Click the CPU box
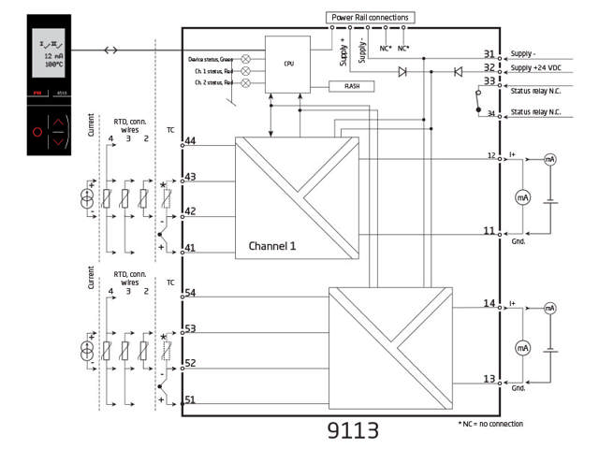pos(287,65)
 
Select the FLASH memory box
pos(353,86)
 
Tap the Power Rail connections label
pos(371,17)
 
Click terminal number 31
pos(489,54)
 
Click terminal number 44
pos(190,140)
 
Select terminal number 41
pos(190,248)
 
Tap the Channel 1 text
pos(272,247)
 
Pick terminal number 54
pos(190,293)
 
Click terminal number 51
pos(190,399)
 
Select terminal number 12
pos(490,155)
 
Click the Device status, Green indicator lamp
pos(246,58)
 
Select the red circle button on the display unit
pos(38,132)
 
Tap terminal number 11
pos(489,230)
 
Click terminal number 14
pos(489,303)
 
